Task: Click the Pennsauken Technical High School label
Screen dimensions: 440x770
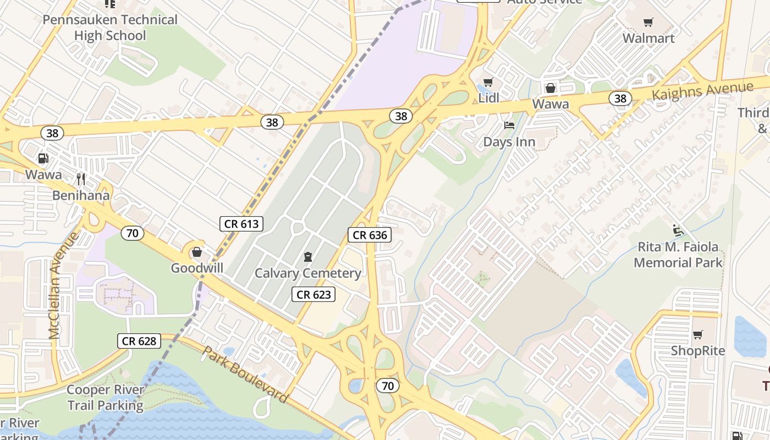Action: [x=110, y=28]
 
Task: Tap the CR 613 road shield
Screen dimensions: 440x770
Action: [x=241, y=224]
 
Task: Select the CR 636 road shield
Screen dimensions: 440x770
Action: [x=370, y=235]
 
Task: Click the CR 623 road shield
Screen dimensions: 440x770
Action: [x=313, y=295]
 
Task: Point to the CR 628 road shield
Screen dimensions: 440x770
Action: [x=139, y=341]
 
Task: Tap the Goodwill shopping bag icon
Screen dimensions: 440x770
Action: [x=197, y=252]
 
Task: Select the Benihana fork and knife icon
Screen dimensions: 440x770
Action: [x=81, y=179]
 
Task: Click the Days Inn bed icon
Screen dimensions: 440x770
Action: [x=509, y=126]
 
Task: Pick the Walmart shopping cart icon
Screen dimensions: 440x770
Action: [x=648, y=23]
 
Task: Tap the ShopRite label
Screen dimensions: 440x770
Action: [x=698, y=351]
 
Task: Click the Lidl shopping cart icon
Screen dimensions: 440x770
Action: [x=488, y=82]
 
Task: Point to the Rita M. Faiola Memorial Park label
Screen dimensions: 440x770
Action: [x=678, y=255]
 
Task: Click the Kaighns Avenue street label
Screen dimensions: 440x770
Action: [x=702, y=91]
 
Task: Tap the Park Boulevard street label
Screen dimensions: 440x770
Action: [x=245, y=375]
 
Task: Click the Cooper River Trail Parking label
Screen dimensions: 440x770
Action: [x=106, y=398]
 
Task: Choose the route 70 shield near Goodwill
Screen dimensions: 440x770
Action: [x=132, y=233]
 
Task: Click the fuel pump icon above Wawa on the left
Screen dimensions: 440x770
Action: [x=43, y=159]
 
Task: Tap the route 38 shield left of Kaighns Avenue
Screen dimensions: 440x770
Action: [x=620, y=98]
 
